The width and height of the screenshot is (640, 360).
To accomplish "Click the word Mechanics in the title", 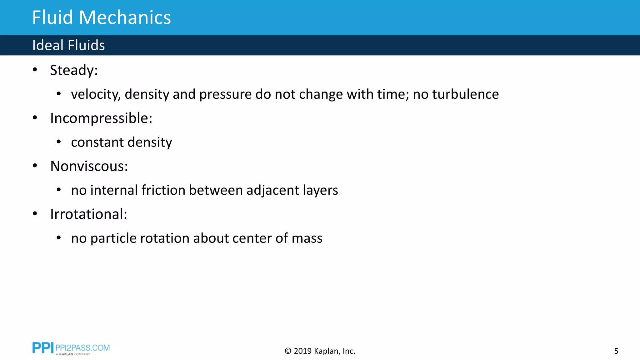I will [125, 17].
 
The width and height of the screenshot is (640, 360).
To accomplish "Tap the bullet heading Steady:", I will [74, 70].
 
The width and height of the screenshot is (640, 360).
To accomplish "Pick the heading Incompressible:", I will [101, 118].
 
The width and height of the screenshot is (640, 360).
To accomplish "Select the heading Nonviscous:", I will [89, 166].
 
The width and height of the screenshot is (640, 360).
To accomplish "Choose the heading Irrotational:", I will [89, 214].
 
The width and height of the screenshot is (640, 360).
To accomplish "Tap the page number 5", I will [616, 351].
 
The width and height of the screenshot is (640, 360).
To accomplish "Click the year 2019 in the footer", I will [302, 351].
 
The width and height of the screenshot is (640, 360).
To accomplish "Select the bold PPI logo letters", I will [43, 348].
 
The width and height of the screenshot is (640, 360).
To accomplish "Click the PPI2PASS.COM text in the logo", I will [82, 348].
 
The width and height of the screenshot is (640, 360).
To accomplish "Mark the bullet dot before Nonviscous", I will [35, 166].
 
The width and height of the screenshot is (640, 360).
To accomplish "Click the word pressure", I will [225, 94].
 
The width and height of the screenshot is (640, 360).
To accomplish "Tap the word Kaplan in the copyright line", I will [326, 351].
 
